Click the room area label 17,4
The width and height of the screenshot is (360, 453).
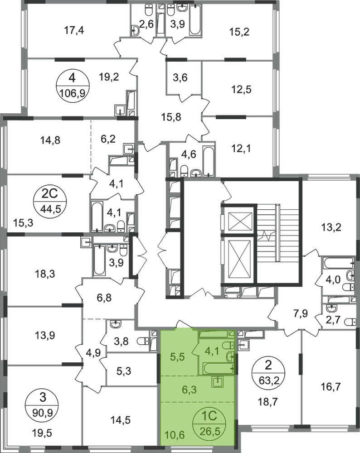(74, 30)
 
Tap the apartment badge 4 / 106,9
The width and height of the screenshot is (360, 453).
(72, 85)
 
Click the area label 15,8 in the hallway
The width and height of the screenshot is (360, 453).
(171, 117)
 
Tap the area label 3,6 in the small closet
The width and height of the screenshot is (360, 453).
(180, 77)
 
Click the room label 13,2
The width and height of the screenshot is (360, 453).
(331, 227)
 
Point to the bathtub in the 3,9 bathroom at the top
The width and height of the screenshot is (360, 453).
(195, 21)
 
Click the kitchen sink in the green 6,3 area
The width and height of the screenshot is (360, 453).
(217, 382)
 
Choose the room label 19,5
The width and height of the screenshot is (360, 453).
(43, 433)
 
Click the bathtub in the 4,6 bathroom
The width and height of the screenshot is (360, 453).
(208, 162)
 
